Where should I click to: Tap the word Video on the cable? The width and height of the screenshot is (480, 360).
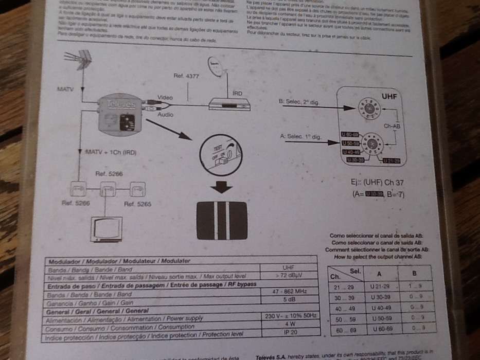pyautogui.click(x=165, y=97)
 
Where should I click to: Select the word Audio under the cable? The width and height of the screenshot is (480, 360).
pyautogui.click(x=165, y=115)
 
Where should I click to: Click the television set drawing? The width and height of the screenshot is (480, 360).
pyautogui.click(x=106, y=229)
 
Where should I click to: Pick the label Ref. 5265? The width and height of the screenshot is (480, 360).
pyautogui.click(x=137, y=204)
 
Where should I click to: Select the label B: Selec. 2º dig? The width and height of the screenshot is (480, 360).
pyautogui.click(x=298, y=102)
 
